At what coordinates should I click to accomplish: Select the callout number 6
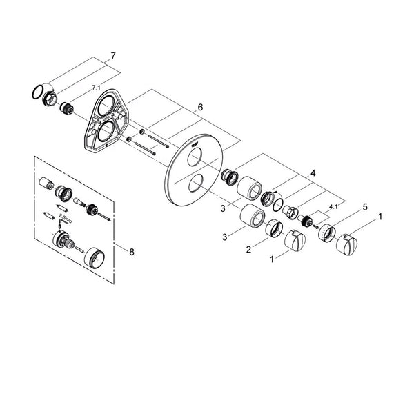[200, 107]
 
